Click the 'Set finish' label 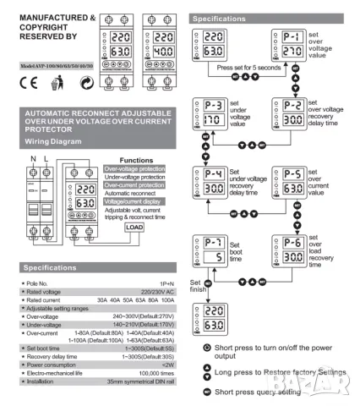(x=196, y=288)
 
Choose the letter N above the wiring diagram (x=11, y=158)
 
